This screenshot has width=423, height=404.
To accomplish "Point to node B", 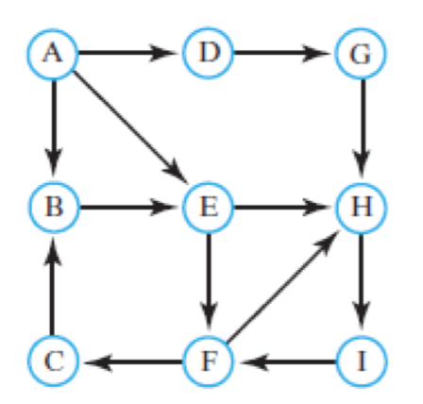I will click(55, 207).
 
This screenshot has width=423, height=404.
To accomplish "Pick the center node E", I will click(209, 207).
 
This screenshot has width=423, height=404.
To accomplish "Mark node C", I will click(55, 360).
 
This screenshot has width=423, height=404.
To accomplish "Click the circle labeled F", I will click(209, 360).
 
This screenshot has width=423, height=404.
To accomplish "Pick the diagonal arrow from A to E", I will click(131, 129).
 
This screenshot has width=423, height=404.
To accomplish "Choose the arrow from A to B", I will click(55, 129).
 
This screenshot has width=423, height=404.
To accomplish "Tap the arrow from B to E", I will click(131, 207).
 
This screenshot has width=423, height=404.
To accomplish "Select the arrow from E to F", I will click(209, 283).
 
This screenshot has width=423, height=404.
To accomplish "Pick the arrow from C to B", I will click(55, 283).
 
